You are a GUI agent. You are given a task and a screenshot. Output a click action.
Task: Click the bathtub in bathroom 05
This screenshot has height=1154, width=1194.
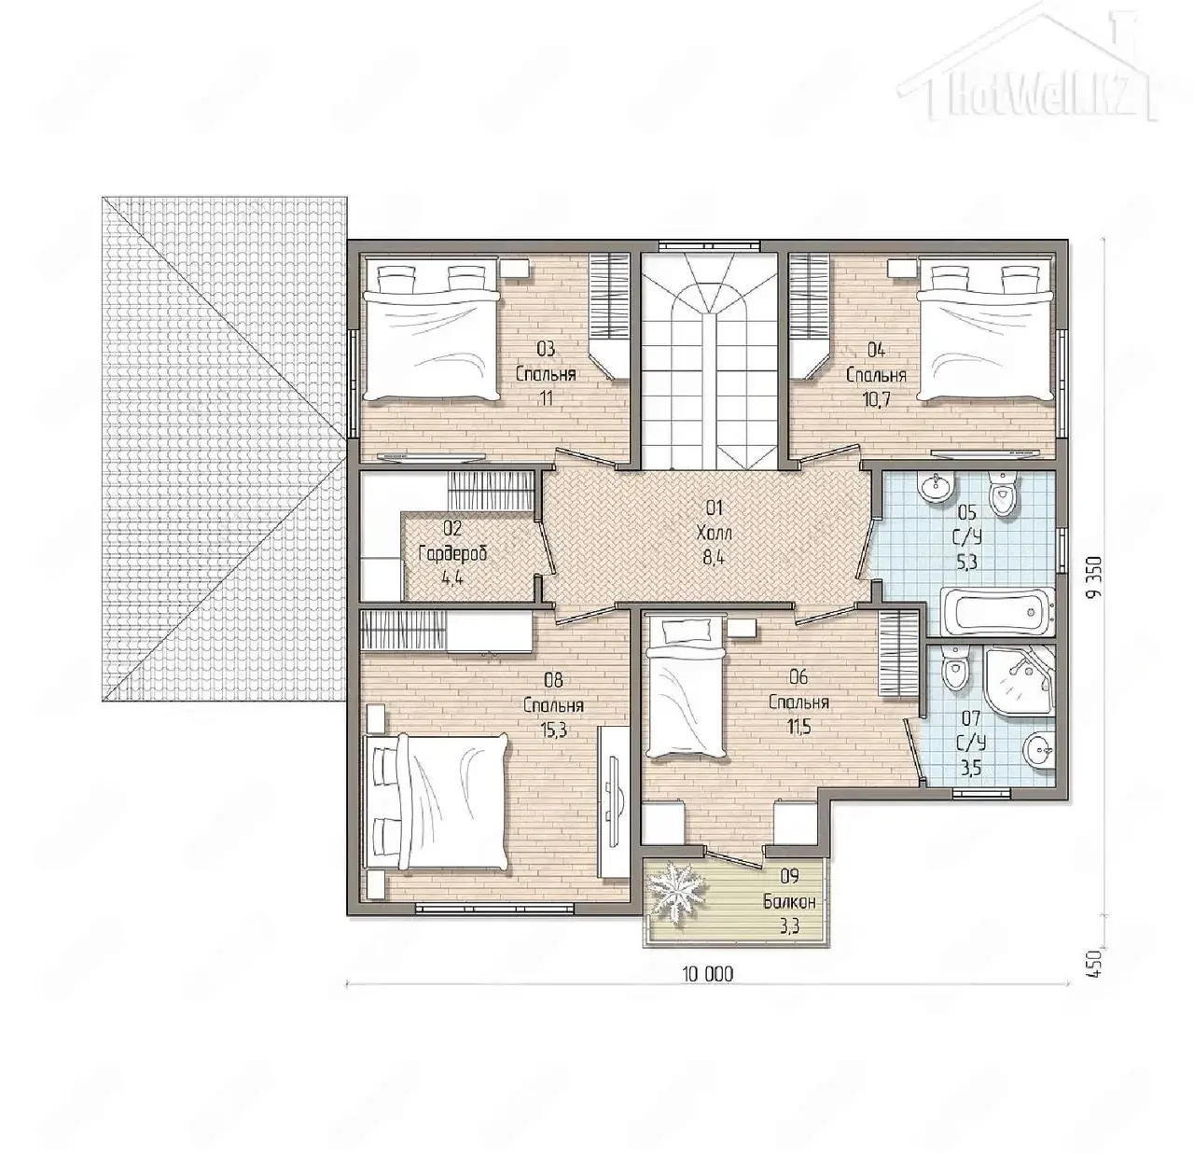pos(996,611)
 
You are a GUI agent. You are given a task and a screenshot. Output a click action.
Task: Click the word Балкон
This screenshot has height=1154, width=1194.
pos(790,902)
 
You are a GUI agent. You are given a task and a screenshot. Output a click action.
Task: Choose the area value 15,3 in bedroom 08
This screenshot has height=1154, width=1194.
pos(553,730)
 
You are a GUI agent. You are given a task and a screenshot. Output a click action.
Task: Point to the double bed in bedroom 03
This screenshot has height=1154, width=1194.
pos(429,330)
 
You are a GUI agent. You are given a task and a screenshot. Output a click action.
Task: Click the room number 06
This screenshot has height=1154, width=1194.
pos(798,677)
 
